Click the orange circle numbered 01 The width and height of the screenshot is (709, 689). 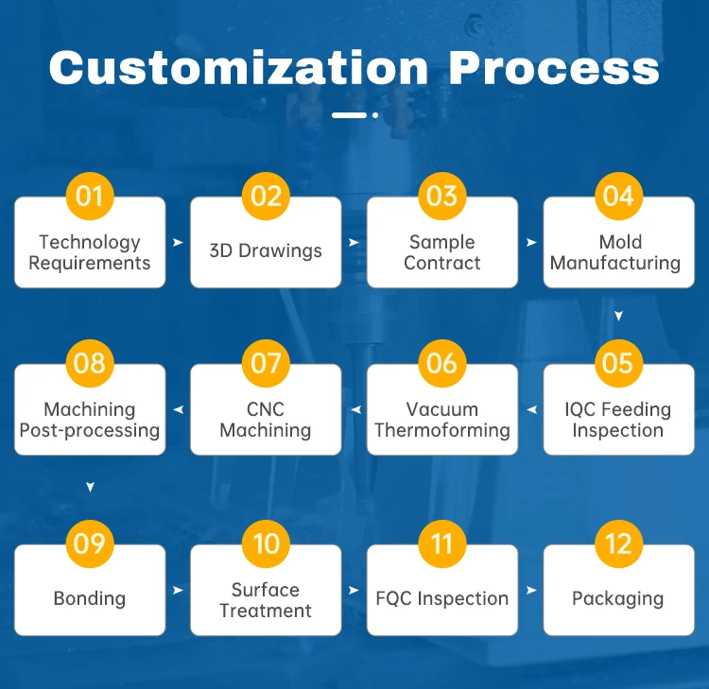(x=90, y=196)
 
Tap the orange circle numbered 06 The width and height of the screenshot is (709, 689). (x=441, y=363)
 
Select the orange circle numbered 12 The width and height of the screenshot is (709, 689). (x=618, y=543)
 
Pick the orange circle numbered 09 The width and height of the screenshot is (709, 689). (x=90, y=543)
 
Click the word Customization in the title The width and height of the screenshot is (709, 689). (x=238, y=69)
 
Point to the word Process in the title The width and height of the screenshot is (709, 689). (x=554, y=69)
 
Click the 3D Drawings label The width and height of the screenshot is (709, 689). (x=266, y=251)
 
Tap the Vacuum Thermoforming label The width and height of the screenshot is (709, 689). (x=442, y=420)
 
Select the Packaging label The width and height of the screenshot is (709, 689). (x=618, y=598)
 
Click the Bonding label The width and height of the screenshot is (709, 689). (x=90, y=598)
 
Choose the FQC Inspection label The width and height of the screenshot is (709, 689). (x=442, y=598)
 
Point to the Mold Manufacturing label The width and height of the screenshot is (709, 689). (x=616, y=252)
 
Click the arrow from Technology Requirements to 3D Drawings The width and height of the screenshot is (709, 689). (x=178, y=243)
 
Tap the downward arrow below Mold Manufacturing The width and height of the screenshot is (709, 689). (x=618, y=316)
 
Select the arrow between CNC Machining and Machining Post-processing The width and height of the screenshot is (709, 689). (x=178, y=410)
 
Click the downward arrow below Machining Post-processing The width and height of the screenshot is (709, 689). (x=90, y=487)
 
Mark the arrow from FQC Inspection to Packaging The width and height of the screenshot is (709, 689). (x=531, y=591)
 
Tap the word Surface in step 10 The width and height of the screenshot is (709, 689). (x=266, y=590)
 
